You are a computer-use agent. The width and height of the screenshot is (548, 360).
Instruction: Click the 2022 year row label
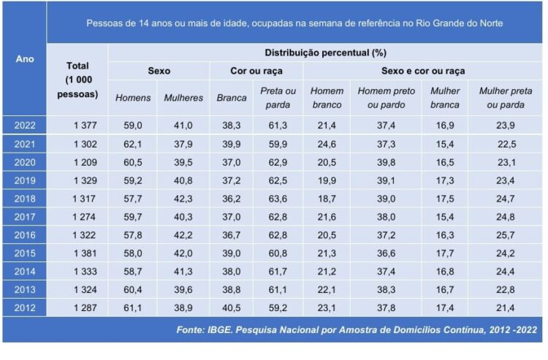pyautogui.click(x=25, y=125)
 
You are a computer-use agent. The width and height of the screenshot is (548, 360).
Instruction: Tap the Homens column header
pyautogui.click(x=133, y=98)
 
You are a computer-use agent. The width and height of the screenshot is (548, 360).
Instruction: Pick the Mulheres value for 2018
pyautogui.click(x=183, y=199)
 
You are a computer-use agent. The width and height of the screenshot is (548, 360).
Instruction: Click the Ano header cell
pyautogui.click(x=25, y=59)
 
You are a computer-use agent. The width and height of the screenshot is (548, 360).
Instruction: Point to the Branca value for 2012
pyautogui.click(x=231, y=308)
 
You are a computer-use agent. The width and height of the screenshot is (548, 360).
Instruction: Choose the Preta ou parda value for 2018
pyautogui.click(x=278, y=199)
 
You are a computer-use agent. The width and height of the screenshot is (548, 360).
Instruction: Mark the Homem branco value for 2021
pyautogui.click(x=327, y=144)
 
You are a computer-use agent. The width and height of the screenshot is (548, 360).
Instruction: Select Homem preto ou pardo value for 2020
pyautogui.click(x=386, y=162)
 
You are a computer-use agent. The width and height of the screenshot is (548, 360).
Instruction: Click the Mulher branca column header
pyautogui.click(x=444, y=98)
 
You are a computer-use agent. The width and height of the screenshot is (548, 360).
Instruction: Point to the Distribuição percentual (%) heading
pyautogui.click(x=326, y=53)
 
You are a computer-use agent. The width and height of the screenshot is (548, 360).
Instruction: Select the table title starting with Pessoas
pyautogui.click(x=294, y=23)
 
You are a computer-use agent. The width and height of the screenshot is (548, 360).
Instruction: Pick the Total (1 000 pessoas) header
pyautogui.click(x=77, y=80)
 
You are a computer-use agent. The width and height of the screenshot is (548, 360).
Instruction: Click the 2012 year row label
pyautogui.click(x=25, y=308)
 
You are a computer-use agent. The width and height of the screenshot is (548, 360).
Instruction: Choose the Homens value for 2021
pyautogui.click(x=133, y=144)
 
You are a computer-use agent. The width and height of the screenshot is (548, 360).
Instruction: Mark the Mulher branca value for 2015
pyautogui.click(x=444, y=253)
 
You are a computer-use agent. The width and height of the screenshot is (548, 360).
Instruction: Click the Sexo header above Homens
pyautogui.click(x=159, y=72)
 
